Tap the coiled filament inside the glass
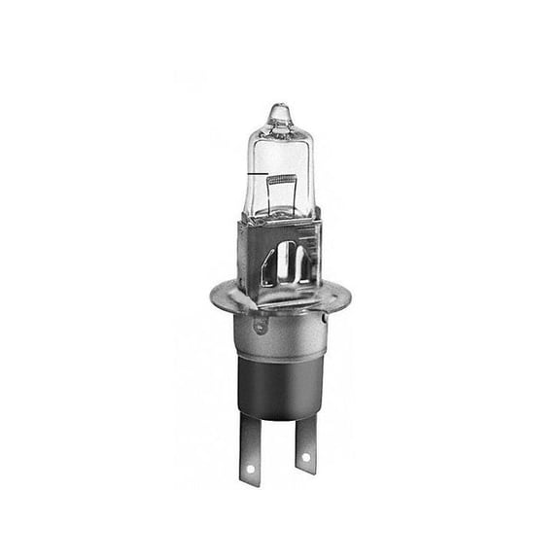pos(282,180)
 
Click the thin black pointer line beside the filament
pos(255,175)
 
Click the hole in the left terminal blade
pos(249,472)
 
